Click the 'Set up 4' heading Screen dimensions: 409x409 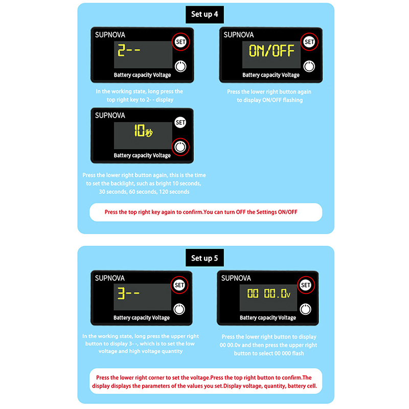(x=204, y=14)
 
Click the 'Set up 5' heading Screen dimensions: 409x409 (x=204, y=258)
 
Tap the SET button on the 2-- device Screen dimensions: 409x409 (x=180, y=42)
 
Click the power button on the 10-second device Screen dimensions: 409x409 (x=180, y=147)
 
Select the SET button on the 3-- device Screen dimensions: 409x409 (x=179, y=285)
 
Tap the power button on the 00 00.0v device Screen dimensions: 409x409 (x=305, y=309)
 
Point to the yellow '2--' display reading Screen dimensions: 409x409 (x=129, y=50)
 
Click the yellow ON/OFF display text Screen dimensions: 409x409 (x=271, y=51)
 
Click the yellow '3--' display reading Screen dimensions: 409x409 (x=128, y=293)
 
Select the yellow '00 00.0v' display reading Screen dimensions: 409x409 (x=269, y=293)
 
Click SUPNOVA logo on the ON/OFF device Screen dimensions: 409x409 (x=238, y=35)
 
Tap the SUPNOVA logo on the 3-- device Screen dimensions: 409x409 (x=110, y=278)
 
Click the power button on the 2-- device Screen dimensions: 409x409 (x=180, y=66)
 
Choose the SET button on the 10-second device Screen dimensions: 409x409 (x=180, y=122)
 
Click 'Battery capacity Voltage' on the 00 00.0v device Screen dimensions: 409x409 (x=268, y=317)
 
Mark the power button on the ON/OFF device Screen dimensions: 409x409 (x=309, y=66)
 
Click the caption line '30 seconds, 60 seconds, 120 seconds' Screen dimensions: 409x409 (x=144, y=192)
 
